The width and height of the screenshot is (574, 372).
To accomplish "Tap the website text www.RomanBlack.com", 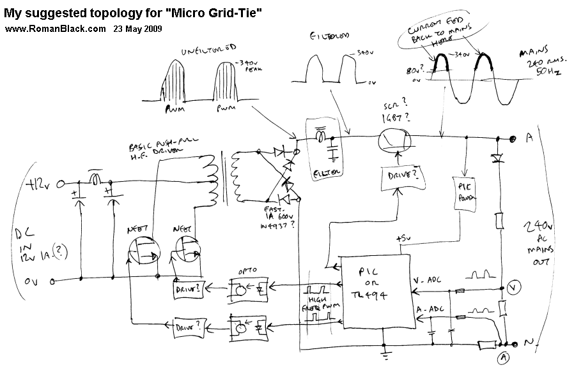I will pos(55,29).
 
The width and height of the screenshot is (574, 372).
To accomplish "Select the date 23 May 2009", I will pos(137,29).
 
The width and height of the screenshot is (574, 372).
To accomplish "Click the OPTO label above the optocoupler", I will pos(247,271).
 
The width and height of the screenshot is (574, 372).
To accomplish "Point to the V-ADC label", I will pos(428,280).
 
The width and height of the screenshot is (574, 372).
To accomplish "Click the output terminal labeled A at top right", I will pos(529,138).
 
